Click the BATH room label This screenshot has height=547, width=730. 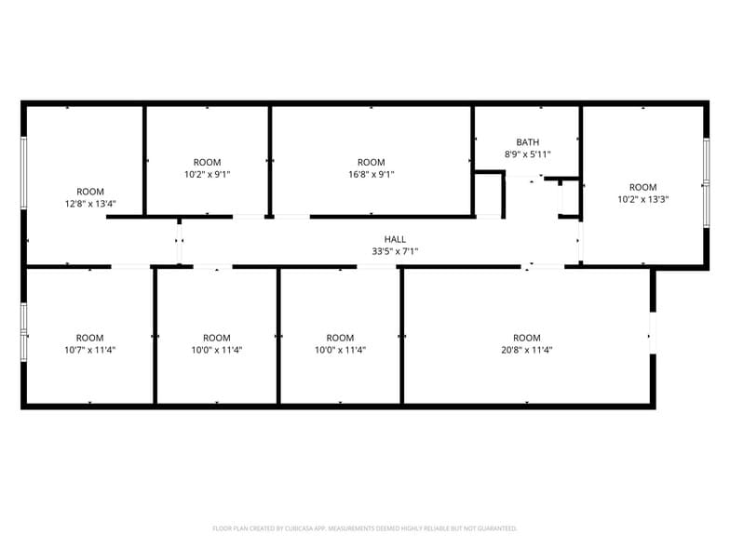(527, 142)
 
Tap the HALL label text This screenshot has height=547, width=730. (395, 239)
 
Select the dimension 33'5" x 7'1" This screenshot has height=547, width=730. (395, 251)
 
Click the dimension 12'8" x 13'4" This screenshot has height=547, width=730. (90, 204)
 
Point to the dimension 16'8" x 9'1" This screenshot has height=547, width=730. (371, 174)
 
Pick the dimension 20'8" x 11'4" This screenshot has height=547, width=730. (526, 350)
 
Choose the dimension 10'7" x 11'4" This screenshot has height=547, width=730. (90, 350)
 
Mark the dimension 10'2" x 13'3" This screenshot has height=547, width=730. (642, 198)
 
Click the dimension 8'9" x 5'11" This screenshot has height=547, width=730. (527, 154)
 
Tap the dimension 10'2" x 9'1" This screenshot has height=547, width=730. (207, 174)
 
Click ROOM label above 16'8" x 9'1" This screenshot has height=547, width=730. (371, 162)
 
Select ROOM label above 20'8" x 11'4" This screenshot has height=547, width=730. (526, 338)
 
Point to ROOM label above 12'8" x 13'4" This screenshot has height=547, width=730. (90, 192)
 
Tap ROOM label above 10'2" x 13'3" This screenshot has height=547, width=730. (642, 186)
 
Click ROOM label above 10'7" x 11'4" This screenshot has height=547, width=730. (90, 338)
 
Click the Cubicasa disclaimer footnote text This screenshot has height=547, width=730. (364, 528)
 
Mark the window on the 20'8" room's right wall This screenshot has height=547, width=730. (653, 333)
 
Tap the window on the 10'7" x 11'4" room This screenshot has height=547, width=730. (24, 329)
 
